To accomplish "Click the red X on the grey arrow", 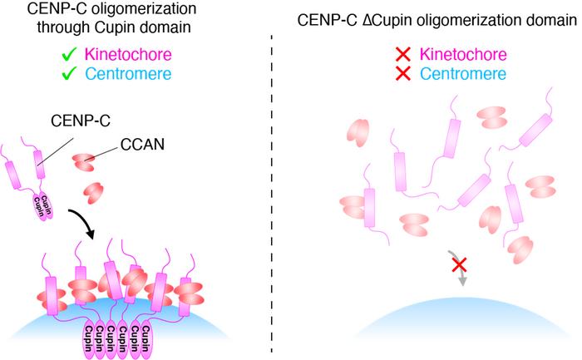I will click(457, 265).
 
